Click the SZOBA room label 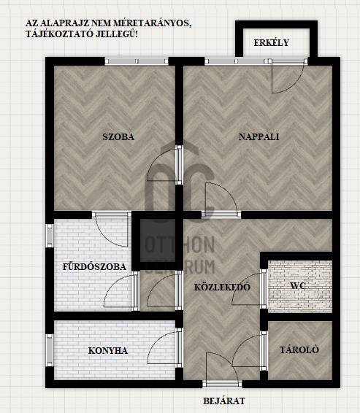coord(118,136)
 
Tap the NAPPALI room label coord(258,136)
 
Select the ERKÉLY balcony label coord(272,42)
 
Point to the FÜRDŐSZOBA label coord(94,266)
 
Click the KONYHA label coord(108,350)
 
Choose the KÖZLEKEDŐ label coord(222,287)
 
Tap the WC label coord(298,286)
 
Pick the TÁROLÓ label coord(299,350)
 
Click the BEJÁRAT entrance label coord(224,401)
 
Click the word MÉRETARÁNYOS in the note coord(152,23)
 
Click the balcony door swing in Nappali coord(287,79)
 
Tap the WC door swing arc coord(244,287)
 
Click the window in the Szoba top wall coord(137,61)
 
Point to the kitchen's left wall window coord(50,350)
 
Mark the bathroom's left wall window coord(50,236)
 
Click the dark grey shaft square coord(158,241)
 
